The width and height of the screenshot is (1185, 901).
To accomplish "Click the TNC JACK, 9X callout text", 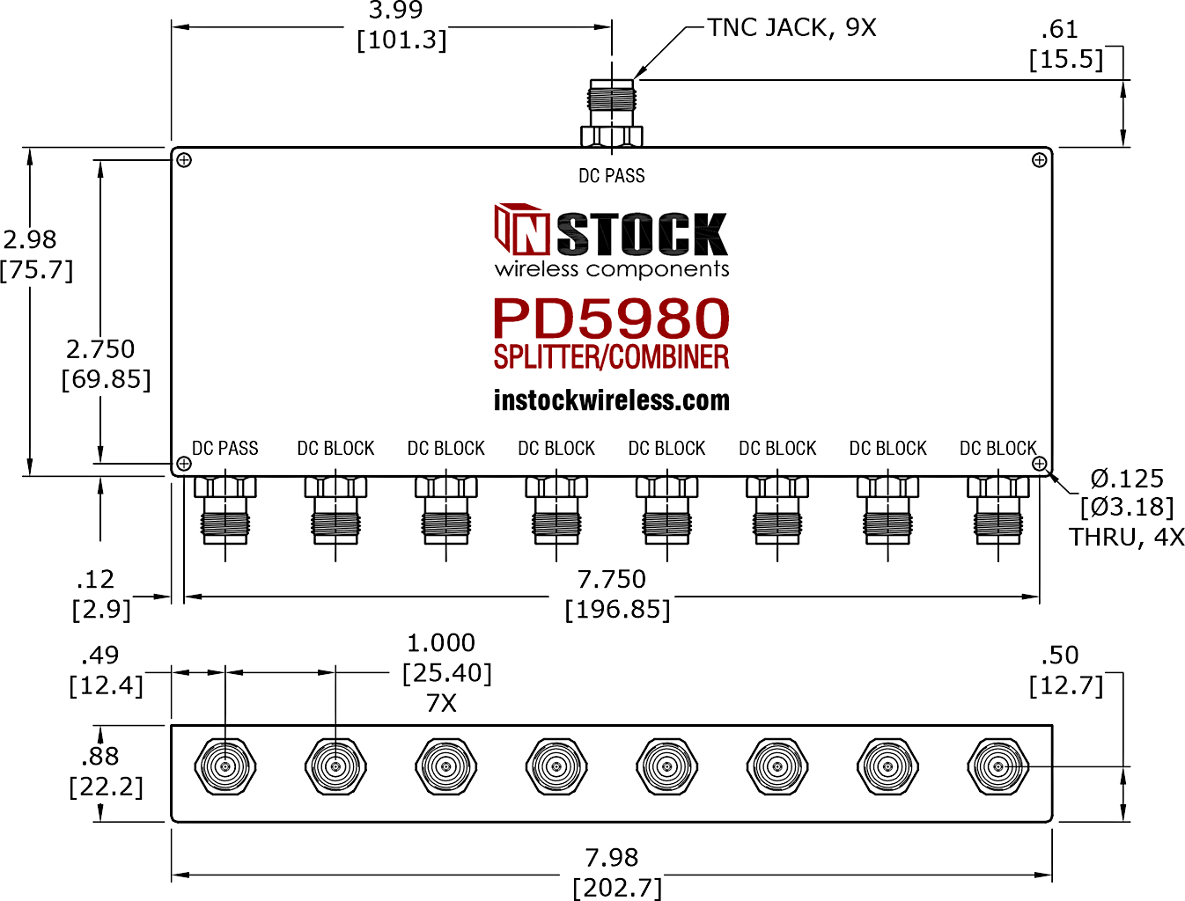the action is (791, 27).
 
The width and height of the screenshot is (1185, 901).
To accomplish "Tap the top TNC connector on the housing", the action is (612, 113).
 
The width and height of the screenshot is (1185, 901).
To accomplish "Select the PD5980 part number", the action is (611, 319).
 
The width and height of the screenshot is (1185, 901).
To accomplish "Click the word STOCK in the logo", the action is (643, 234).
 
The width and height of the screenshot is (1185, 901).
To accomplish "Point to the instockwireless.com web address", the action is (612, 400).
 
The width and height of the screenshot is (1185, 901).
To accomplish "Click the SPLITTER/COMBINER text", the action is (611, 357).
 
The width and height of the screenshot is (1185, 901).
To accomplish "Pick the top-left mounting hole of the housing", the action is (184, 160).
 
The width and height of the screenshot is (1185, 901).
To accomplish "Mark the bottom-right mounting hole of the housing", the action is (1039, 464).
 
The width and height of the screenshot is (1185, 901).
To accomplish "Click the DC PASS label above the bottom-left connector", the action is (225, 449).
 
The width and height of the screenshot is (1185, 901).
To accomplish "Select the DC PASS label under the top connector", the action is (612, 176).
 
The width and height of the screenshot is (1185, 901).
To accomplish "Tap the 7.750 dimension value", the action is (611, 580).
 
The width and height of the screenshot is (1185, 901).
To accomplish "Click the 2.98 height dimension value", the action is (30, 240).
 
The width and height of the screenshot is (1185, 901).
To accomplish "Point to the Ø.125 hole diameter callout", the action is (1127, 479).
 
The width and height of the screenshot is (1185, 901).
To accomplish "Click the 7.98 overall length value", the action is (612, 858).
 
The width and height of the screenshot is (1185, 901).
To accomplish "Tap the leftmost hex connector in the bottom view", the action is (225, 766).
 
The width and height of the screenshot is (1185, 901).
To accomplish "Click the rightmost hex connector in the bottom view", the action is (998, 766).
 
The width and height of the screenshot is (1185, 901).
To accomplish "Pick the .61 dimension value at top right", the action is (1060, 30).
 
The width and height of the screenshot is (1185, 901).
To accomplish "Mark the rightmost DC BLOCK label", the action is (998, 449).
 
